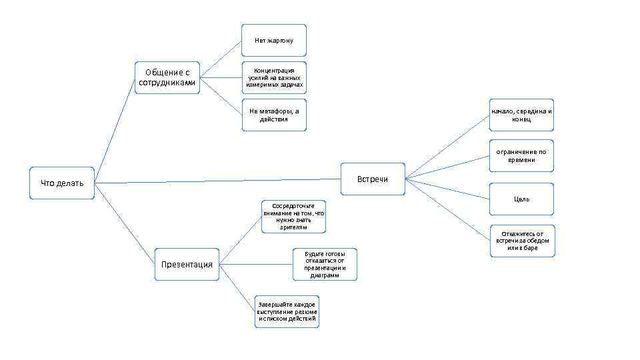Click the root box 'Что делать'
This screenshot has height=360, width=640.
[x=62, y=183]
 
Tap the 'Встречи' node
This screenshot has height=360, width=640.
[x=373, y=179]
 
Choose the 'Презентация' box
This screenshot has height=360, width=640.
[x=187, y=264]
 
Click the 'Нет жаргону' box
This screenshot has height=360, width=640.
[x=273, y=41]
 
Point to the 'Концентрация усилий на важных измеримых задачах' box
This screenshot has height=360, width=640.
[x=274, y=77]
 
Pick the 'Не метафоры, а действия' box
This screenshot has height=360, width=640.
[x=273, y=115]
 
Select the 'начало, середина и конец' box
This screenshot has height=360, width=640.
[x=521, y=115]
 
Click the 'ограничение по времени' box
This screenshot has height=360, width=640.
[x=521, y=155]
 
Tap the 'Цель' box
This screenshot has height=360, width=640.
[x=521, y=199]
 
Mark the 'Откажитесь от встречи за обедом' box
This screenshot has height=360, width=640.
[x=522, y=241]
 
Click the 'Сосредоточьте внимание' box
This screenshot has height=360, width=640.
[x=293, y=216]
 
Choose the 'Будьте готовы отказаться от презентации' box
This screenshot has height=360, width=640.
[x=325, y=265]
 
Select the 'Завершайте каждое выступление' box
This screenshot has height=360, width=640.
[x=287, y=311]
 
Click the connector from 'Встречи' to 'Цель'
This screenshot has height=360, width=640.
[x=447, y=189]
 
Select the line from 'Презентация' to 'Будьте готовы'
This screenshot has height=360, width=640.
[x=256, y=265]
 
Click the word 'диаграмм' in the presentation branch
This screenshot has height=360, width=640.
[x=325, y=275]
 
